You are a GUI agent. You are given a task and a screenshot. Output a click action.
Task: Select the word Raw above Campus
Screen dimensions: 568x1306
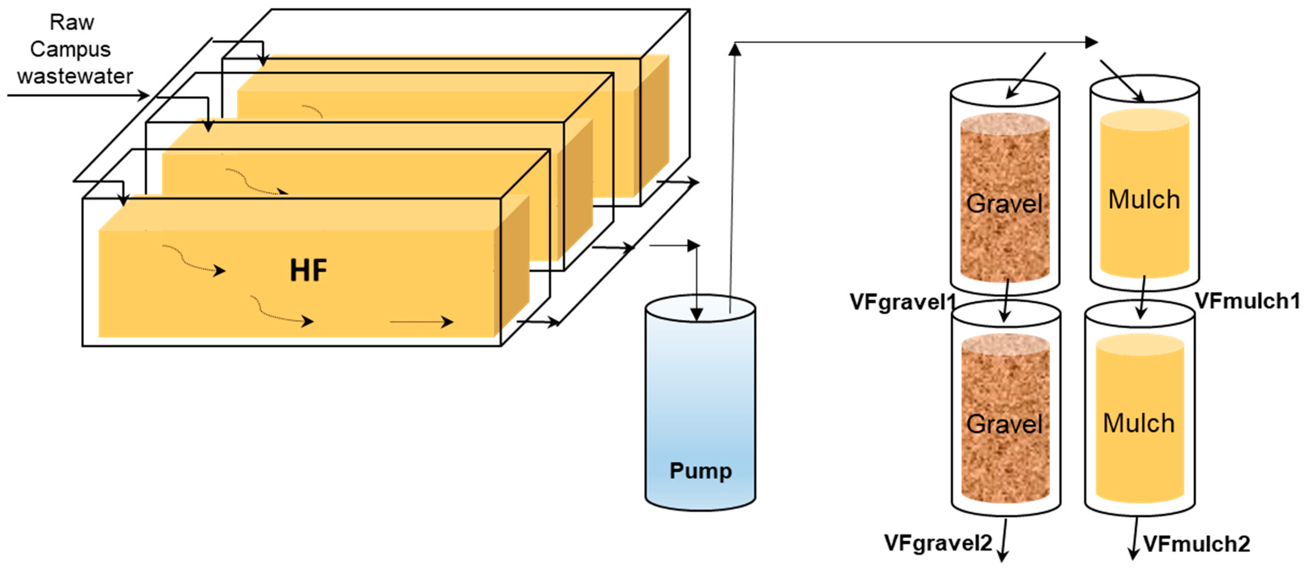[x=72, y=22]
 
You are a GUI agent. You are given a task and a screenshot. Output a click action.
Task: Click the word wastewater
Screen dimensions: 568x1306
[x=75, y=76]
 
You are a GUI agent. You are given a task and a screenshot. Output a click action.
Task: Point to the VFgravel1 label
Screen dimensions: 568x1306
[x=901, y=302]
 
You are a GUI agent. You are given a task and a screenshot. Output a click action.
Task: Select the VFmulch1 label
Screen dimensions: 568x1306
[x=1247, y=301]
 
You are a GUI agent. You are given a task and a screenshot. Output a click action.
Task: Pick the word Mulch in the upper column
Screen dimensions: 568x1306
[x=1144, y=199]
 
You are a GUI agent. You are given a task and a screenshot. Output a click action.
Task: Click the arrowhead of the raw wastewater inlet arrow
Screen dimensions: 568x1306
[x=144, y=95]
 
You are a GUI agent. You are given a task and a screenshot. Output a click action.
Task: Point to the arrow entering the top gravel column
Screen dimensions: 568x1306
[x=1025, y=76]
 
